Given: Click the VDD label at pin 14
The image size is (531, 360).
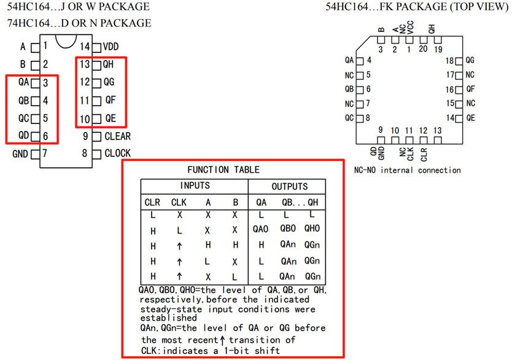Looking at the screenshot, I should (111, 47).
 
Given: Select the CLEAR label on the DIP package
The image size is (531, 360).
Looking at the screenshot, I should (117, 136).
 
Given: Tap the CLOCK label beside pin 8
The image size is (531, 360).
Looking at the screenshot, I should (117, 154).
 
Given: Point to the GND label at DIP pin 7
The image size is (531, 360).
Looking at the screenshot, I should (20, 154).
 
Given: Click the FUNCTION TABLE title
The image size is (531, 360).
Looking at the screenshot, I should (223, 170).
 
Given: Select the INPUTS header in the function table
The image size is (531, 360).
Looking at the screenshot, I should (195, 186).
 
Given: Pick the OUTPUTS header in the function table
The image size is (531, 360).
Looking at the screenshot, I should (290, 186).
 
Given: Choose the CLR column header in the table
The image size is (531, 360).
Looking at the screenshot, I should (152, 202).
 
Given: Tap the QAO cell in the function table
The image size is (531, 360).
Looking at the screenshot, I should (260, 229).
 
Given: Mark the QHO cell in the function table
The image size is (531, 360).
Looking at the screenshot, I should (312, 229).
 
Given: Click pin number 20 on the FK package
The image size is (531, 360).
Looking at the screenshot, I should (423, 49).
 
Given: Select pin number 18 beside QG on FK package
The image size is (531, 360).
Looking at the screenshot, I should (449, 61).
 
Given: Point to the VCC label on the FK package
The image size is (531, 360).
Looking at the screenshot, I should (410, 26).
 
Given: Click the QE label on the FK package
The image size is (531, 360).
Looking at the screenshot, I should (471, 117).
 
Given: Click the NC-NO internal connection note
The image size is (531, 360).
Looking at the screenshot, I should (407, 170).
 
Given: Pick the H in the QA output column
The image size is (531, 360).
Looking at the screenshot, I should (261, 245).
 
